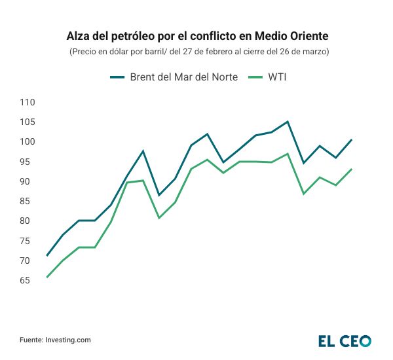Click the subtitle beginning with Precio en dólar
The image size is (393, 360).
pyautogui.click(x=196, y=51)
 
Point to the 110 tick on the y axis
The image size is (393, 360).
pyautogui.click(x=28, y=102)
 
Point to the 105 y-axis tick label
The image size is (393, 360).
pyautogui.click(x=28, y=122)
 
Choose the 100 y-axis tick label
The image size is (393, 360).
pyautogui.click(x=28, y=142)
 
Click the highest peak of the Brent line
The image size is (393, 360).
pyautogui.click(x=287, y=122)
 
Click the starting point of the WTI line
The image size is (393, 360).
pyautogui.click(x=47, y=277)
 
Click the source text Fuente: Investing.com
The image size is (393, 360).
pyautogui.click(x=55, y=340)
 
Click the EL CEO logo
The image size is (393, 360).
pyautogui.click(x=345, y=340)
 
